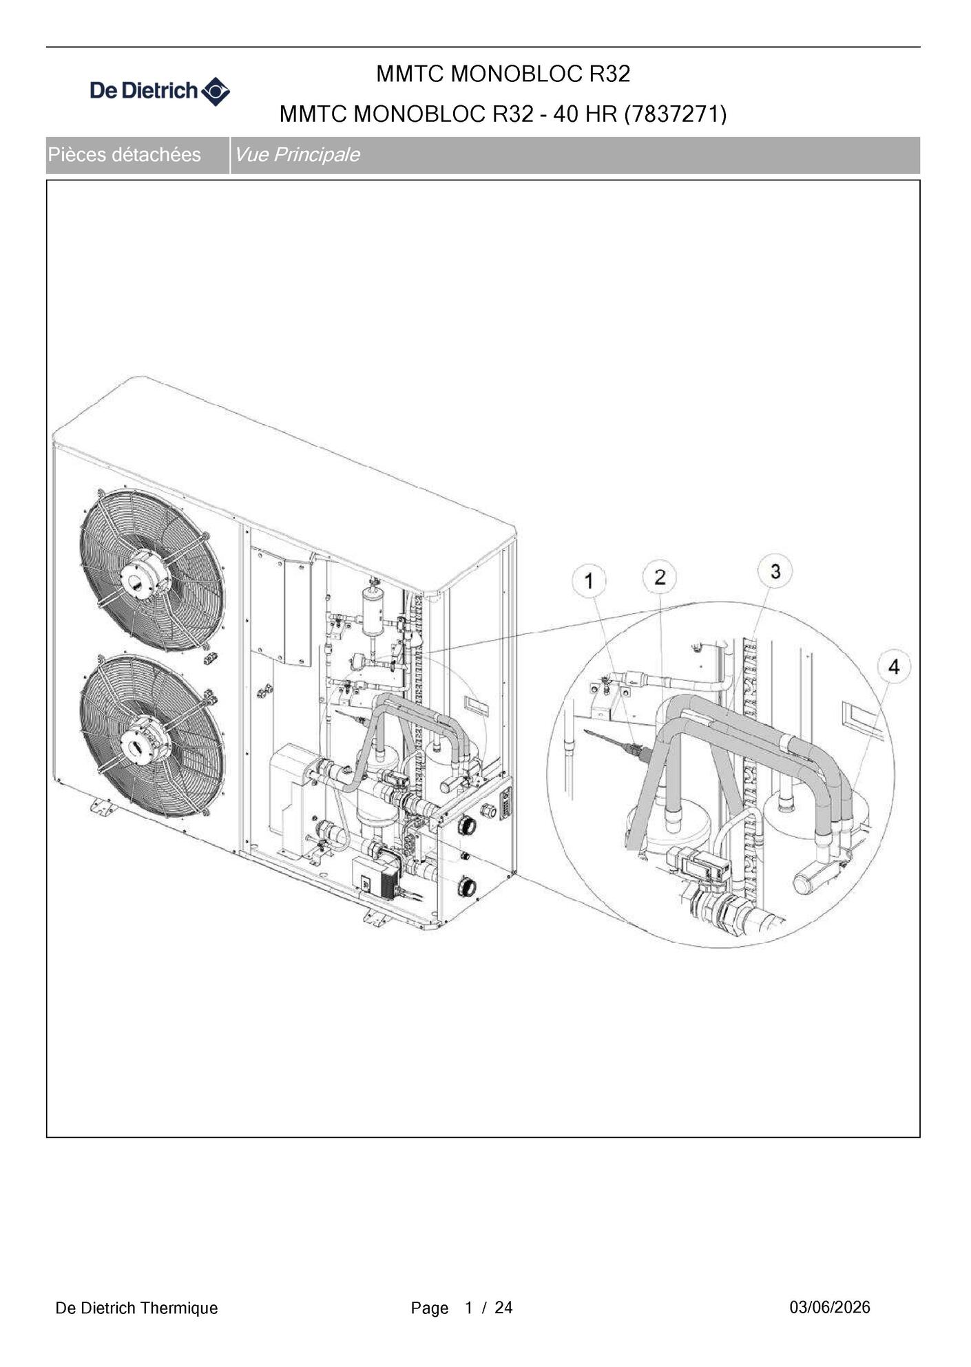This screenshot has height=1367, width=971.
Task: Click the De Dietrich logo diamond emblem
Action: coord(216,91)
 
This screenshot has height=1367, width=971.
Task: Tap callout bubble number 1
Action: coord(589,581)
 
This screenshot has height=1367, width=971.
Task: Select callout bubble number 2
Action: coord(660,577)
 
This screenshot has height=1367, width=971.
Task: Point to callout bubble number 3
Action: coord(775,571)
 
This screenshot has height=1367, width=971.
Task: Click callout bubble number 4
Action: coord(894,666)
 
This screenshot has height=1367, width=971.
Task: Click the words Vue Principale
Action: coord(297,154)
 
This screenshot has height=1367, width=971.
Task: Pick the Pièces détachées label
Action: coord(124,154)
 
